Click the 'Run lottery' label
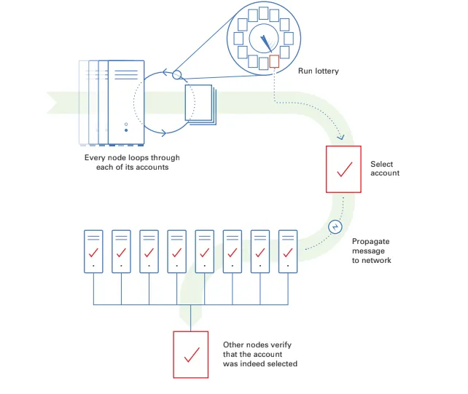pos(319,71)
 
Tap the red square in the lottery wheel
pos(274,62)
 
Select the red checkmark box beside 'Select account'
pos(343,169)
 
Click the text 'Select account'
pos(384,169)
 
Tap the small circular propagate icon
pos(335,226)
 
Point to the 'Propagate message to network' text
pos(372,251)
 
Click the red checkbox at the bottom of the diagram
pos(191,354)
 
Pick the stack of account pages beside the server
pos(200,103)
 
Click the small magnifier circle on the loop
pos(176,74)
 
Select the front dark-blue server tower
pos(125,102)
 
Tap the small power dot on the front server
pos(125,123)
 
